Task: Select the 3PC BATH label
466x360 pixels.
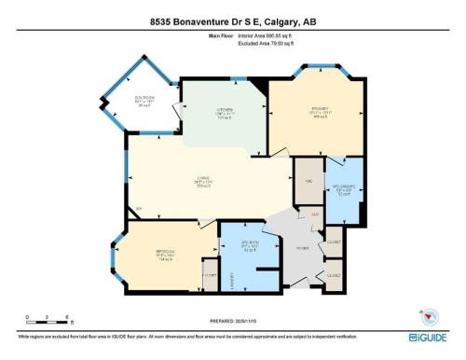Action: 250,247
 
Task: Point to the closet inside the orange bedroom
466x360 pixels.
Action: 210,275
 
